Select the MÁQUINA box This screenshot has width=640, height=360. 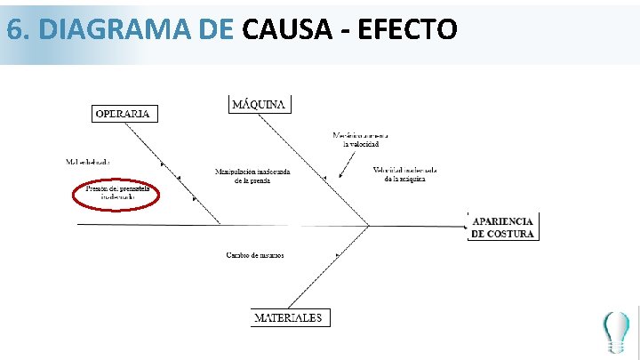(x=260, y=104)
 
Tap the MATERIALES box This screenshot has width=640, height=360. (x=289, y=317)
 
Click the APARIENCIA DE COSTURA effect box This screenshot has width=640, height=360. (x=503, y=227)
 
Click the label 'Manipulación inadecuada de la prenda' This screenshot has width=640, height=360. (x=253, y=175)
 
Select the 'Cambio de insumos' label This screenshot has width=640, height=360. (x=254, y=256)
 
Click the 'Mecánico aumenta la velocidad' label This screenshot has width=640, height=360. (x=361, y=140)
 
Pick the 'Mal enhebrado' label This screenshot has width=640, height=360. (x=88, y=162)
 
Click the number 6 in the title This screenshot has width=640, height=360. (x=14, y=30)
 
